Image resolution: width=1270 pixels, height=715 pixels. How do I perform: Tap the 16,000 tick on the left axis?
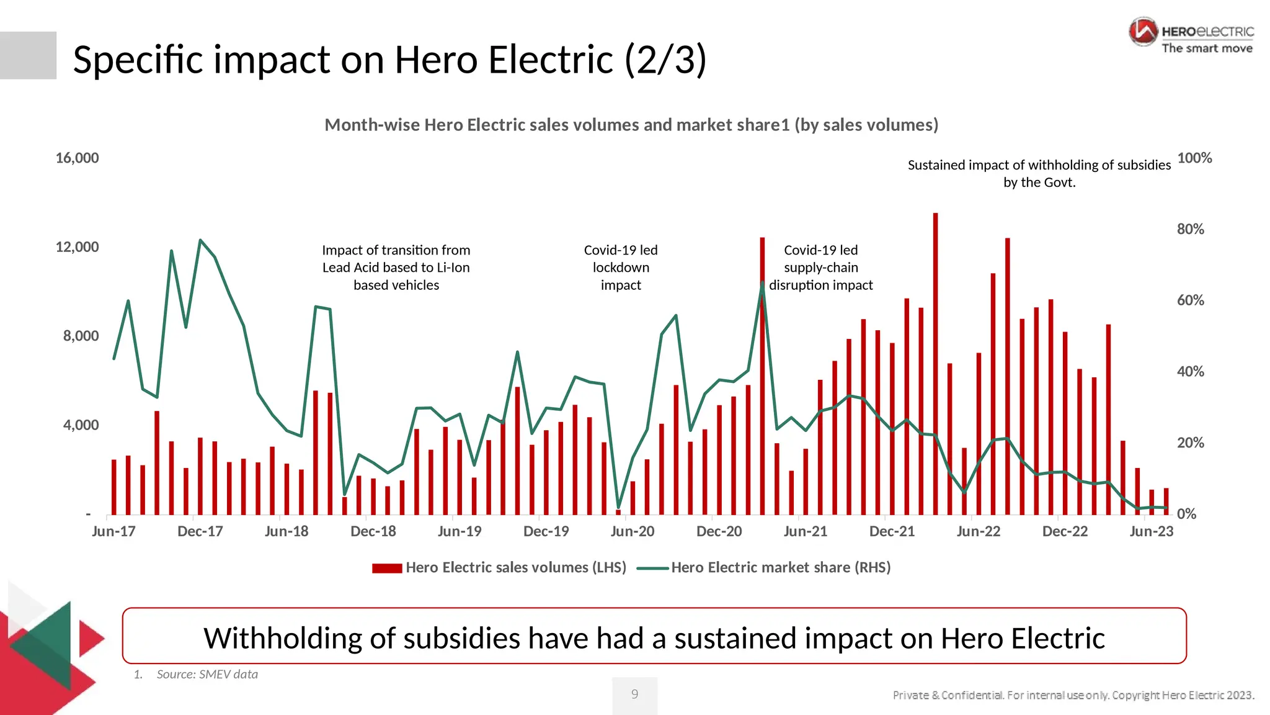78,158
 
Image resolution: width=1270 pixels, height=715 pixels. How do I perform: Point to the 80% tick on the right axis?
1190,229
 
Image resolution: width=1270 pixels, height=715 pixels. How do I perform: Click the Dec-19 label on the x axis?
546,531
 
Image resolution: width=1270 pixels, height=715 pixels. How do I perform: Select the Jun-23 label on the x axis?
1151,531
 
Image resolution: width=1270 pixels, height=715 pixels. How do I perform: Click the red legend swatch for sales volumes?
387,568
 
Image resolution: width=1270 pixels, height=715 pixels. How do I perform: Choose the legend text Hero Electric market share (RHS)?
780,567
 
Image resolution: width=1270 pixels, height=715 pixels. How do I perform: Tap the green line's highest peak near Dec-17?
200,240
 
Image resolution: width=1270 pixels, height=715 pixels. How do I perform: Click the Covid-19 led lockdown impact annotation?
621,268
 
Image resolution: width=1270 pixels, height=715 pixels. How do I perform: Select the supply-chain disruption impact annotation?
820,268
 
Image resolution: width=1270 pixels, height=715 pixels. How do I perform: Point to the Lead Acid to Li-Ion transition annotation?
396,268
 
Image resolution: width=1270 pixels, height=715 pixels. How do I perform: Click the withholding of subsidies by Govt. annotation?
1039,173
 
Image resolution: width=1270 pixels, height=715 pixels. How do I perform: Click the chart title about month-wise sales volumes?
631,125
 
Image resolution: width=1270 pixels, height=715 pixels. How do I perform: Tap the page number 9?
634,694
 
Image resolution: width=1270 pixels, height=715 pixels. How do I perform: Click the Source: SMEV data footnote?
206,674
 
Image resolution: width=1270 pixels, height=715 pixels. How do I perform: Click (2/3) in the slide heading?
665,60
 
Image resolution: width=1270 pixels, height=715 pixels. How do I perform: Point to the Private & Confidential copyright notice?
1073,695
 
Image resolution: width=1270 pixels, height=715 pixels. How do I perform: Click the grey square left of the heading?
28,55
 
